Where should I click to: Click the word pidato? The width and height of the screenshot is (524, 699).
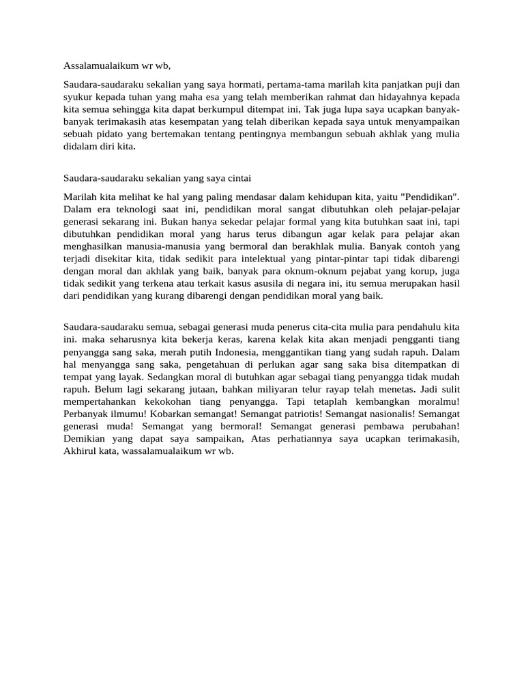pyautogui.click(x=108, y=134)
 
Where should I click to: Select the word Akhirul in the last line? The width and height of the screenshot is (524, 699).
pyautogui.click(x=81, y=451)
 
